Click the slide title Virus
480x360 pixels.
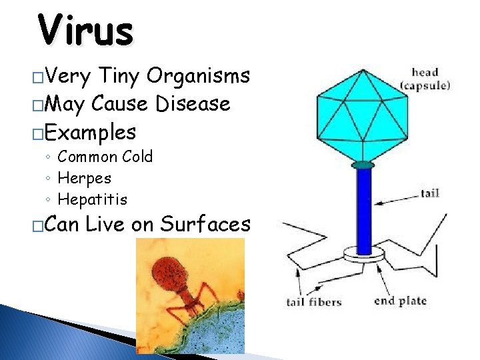pyautogui.click(x=85, y=30)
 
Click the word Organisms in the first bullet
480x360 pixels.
pyautogui.click(x=198, y=77)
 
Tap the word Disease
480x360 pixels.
pyautogui.click(x=193, y=104)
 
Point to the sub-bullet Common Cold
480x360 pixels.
pyautogui.click(x=105, y=157)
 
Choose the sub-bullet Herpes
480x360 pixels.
pyautogui.click(x=85, y=178)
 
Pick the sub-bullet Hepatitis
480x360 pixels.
pyautogui.click(x=92, y=199)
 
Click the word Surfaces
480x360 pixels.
pyautogui.click(x=205, y=225)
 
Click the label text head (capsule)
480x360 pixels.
pyautogui.click(x=425, y=79)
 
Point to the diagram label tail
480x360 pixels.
pyautogui.click(x=429, y=193)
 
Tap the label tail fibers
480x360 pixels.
pyautogui.click(x=313, y=301)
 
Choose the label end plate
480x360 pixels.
pyautogui.click(x=400, y=301)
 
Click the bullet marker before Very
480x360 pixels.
pyautogui.click(x=37, y=77)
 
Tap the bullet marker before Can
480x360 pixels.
pyautogui.click(x=37, y=226)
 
